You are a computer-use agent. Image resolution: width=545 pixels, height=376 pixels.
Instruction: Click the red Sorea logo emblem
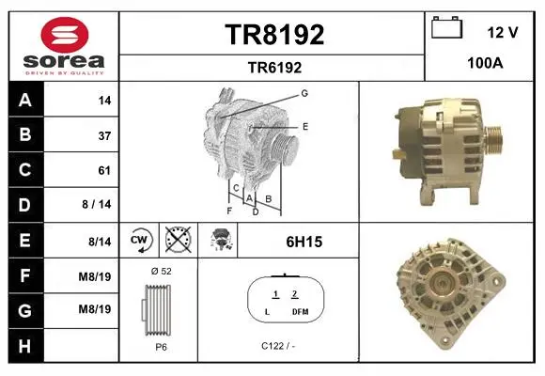coord(65,35)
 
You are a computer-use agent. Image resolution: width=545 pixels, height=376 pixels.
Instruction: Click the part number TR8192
coord(274,35)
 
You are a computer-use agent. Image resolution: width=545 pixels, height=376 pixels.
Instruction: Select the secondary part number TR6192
coord(274,68)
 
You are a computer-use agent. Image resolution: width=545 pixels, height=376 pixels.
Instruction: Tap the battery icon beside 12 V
coord(447,27)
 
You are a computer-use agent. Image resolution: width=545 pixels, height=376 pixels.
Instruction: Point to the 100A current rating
coord(485,63)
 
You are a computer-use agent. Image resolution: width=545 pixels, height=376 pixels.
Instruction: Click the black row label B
coord(25,134)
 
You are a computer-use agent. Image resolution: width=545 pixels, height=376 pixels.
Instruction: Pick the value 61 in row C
coord(104,170)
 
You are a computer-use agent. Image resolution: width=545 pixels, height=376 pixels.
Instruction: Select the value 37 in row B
coord(104,135)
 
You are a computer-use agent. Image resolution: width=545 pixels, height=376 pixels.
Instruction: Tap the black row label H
coord(25,346)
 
